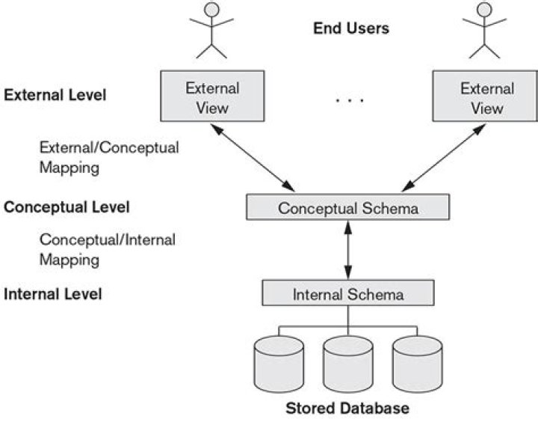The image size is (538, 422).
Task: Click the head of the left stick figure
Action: coord(211,9)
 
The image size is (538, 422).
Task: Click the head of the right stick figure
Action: coord(484,9)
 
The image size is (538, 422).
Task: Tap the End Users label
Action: coord(351,28)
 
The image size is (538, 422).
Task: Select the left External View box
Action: coord(212,97)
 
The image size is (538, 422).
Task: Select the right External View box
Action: coord(485,97)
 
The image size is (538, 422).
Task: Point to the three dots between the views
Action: coord(350,100)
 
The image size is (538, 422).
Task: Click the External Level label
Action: coord(55,95)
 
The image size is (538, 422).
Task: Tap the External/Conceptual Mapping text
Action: coord(109,158)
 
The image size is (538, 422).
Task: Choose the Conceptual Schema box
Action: coord(348,207)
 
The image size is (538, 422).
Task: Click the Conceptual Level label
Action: coord(67,207)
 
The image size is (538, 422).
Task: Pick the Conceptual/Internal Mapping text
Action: coord(108,249)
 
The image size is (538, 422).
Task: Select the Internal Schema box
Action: coord(348,293)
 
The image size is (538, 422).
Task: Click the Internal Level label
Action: coord(53,294)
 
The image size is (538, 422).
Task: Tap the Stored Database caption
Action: coord(347,409)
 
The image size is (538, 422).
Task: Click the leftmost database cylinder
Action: coord(279,364)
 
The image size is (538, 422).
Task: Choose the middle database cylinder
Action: coord(348,364)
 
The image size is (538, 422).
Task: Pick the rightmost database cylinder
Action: coord(418,364)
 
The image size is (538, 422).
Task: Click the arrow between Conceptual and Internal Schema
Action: coord(348,250)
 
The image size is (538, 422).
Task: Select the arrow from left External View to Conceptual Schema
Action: coord(253,158)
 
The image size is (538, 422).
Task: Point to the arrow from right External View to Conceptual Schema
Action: coord(444,158)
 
